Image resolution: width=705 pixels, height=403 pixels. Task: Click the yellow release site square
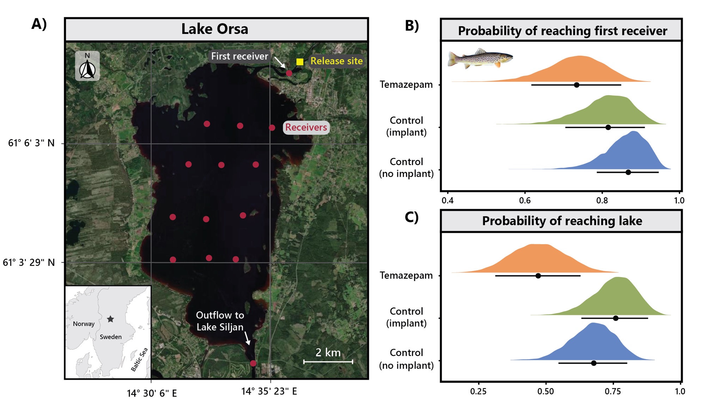click(300, 62)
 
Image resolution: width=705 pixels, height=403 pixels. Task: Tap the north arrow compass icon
click(87, 66)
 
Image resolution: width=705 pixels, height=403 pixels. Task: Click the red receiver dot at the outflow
click(253, 363)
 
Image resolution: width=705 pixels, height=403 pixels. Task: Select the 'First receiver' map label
click(239, 56)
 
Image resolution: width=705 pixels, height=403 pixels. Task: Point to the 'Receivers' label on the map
click(306, 127)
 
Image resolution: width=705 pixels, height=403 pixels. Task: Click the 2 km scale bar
click(328, 361)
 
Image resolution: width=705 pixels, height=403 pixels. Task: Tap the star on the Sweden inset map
click(110, 319)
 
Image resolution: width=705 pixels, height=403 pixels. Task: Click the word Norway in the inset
click(84, 324)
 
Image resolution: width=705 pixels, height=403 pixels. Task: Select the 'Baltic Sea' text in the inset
click(139, 360)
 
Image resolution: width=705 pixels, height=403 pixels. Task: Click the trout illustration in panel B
click(480, 59)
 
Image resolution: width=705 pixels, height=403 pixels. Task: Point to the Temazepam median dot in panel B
click(576, 85)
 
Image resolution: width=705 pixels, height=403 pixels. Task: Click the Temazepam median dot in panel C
click(538, 276)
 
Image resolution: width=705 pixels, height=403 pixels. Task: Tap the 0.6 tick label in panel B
click(525, 201)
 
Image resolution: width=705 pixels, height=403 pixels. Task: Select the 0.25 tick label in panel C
click(478, 391)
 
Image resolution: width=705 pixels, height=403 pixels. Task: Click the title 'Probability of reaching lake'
click(562, 221)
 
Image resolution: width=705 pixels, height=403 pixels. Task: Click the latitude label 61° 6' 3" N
click(31, 143)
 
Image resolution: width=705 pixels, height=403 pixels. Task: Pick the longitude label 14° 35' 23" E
click(269, 391)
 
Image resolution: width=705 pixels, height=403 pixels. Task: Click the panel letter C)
click(411, 217)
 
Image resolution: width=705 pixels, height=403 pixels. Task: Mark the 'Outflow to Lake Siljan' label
click(220, 321)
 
